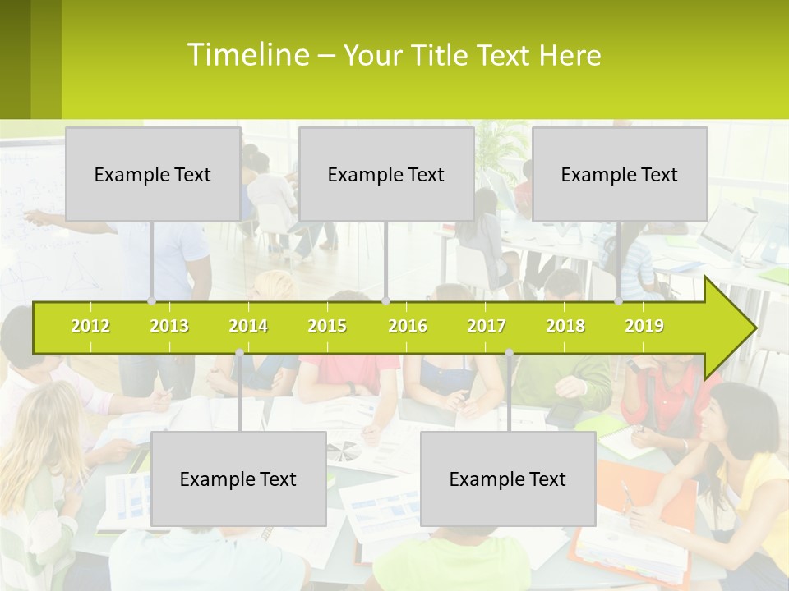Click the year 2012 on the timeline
[90, 326]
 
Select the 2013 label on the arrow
[169, 326]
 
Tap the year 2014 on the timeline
[248, 326]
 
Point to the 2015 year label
[327, 326]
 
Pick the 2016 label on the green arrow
[408, 326]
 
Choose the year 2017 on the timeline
[487, 326]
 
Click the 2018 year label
[565, 326]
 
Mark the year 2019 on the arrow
[644, 326]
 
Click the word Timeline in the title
[247, 54]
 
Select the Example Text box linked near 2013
[153, 174]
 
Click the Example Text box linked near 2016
[386, 174]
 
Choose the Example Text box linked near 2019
[620, 174]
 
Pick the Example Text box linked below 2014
[238, 479]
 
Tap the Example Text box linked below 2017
[508, 479]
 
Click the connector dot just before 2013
[151, 300]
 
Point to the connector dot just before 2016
[385, 300]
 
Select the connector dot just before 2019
[619, 300]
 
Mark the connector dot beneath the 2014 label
[239, 353]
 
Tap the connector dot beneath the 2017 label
[509, 353]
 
